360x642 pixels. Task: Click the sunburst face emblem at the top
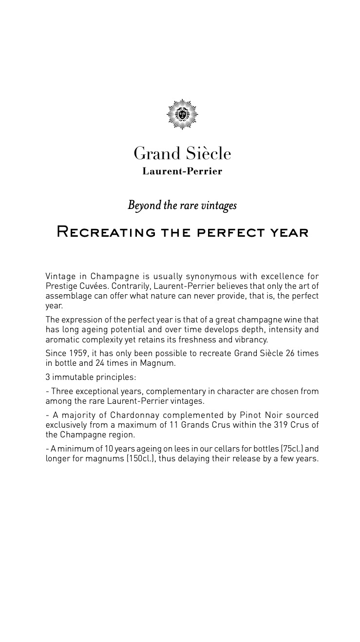(182, 114)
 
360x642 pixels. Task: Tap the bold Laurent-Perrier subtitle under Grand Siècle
(182, 171)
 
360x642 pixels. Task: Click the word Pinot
(251, 415)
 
